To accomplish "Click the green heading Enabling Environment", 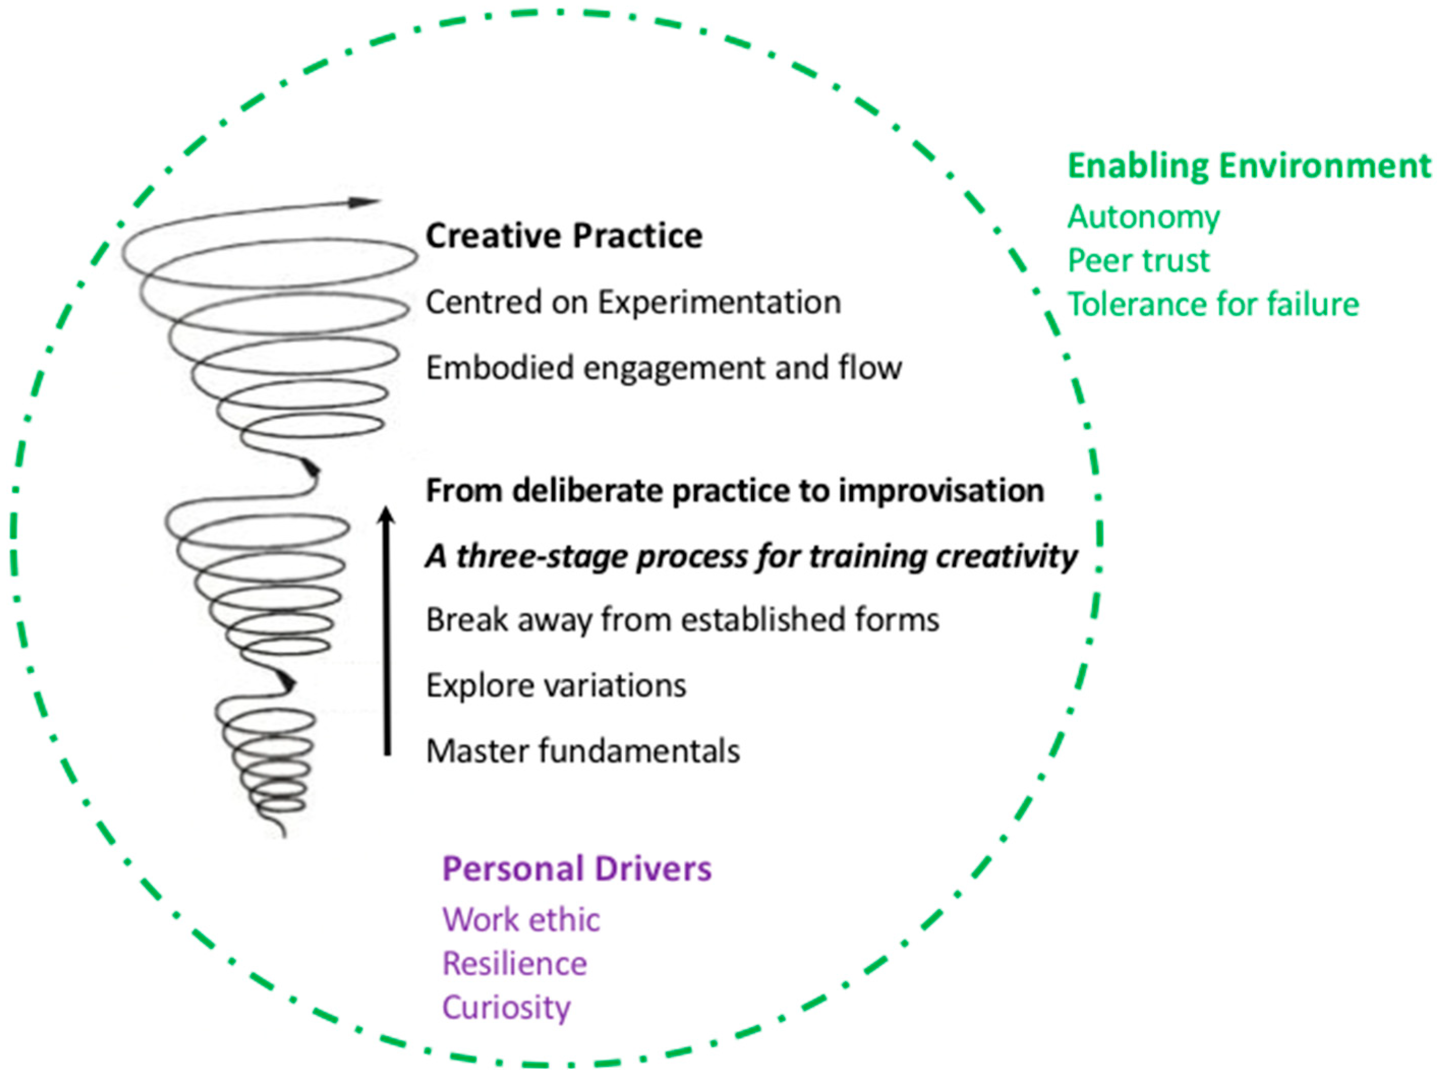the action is [1249, 166].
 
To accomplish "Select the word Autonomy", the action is [1143, 218].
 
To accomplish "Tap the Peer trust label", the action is [1139, 260].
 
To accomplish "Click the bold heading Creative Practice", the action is [564, 235].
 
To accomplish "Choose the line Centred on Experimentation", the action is [633, 302].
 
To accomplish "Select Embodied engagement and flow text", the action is [664, 368].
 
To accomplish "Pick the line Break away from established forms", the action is [683, 619].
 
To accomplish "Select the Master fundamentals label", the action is [583, 752].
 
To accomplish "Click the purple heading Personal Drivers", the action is [577, 869].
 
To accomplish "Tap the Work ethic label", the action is [521, 920].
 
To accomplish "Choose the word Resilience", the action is [514, 964].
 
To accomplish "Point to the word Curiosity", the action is [507, 1008].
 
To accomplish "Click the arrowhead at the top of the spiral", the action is [364, 202].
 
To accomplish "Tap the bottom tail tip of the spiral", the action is [284, 836].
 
